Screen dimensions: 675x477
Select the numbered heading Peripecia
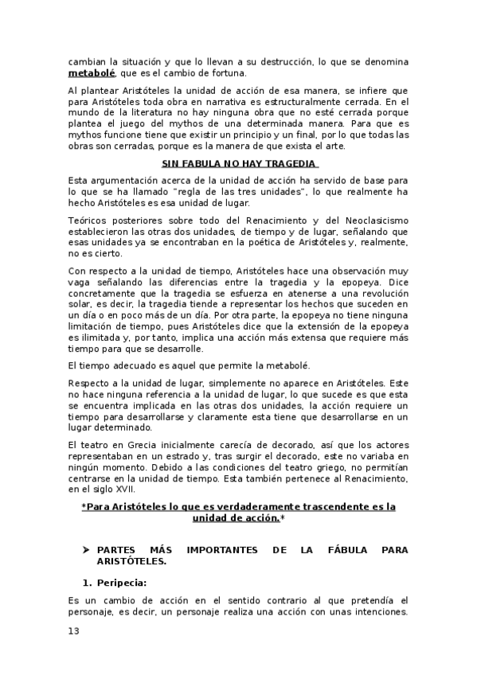click(132, 583)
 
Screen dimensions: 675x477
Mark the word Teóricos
click(88, 219)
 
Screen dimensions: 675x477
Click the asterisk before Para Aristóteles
click(84, 506)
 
